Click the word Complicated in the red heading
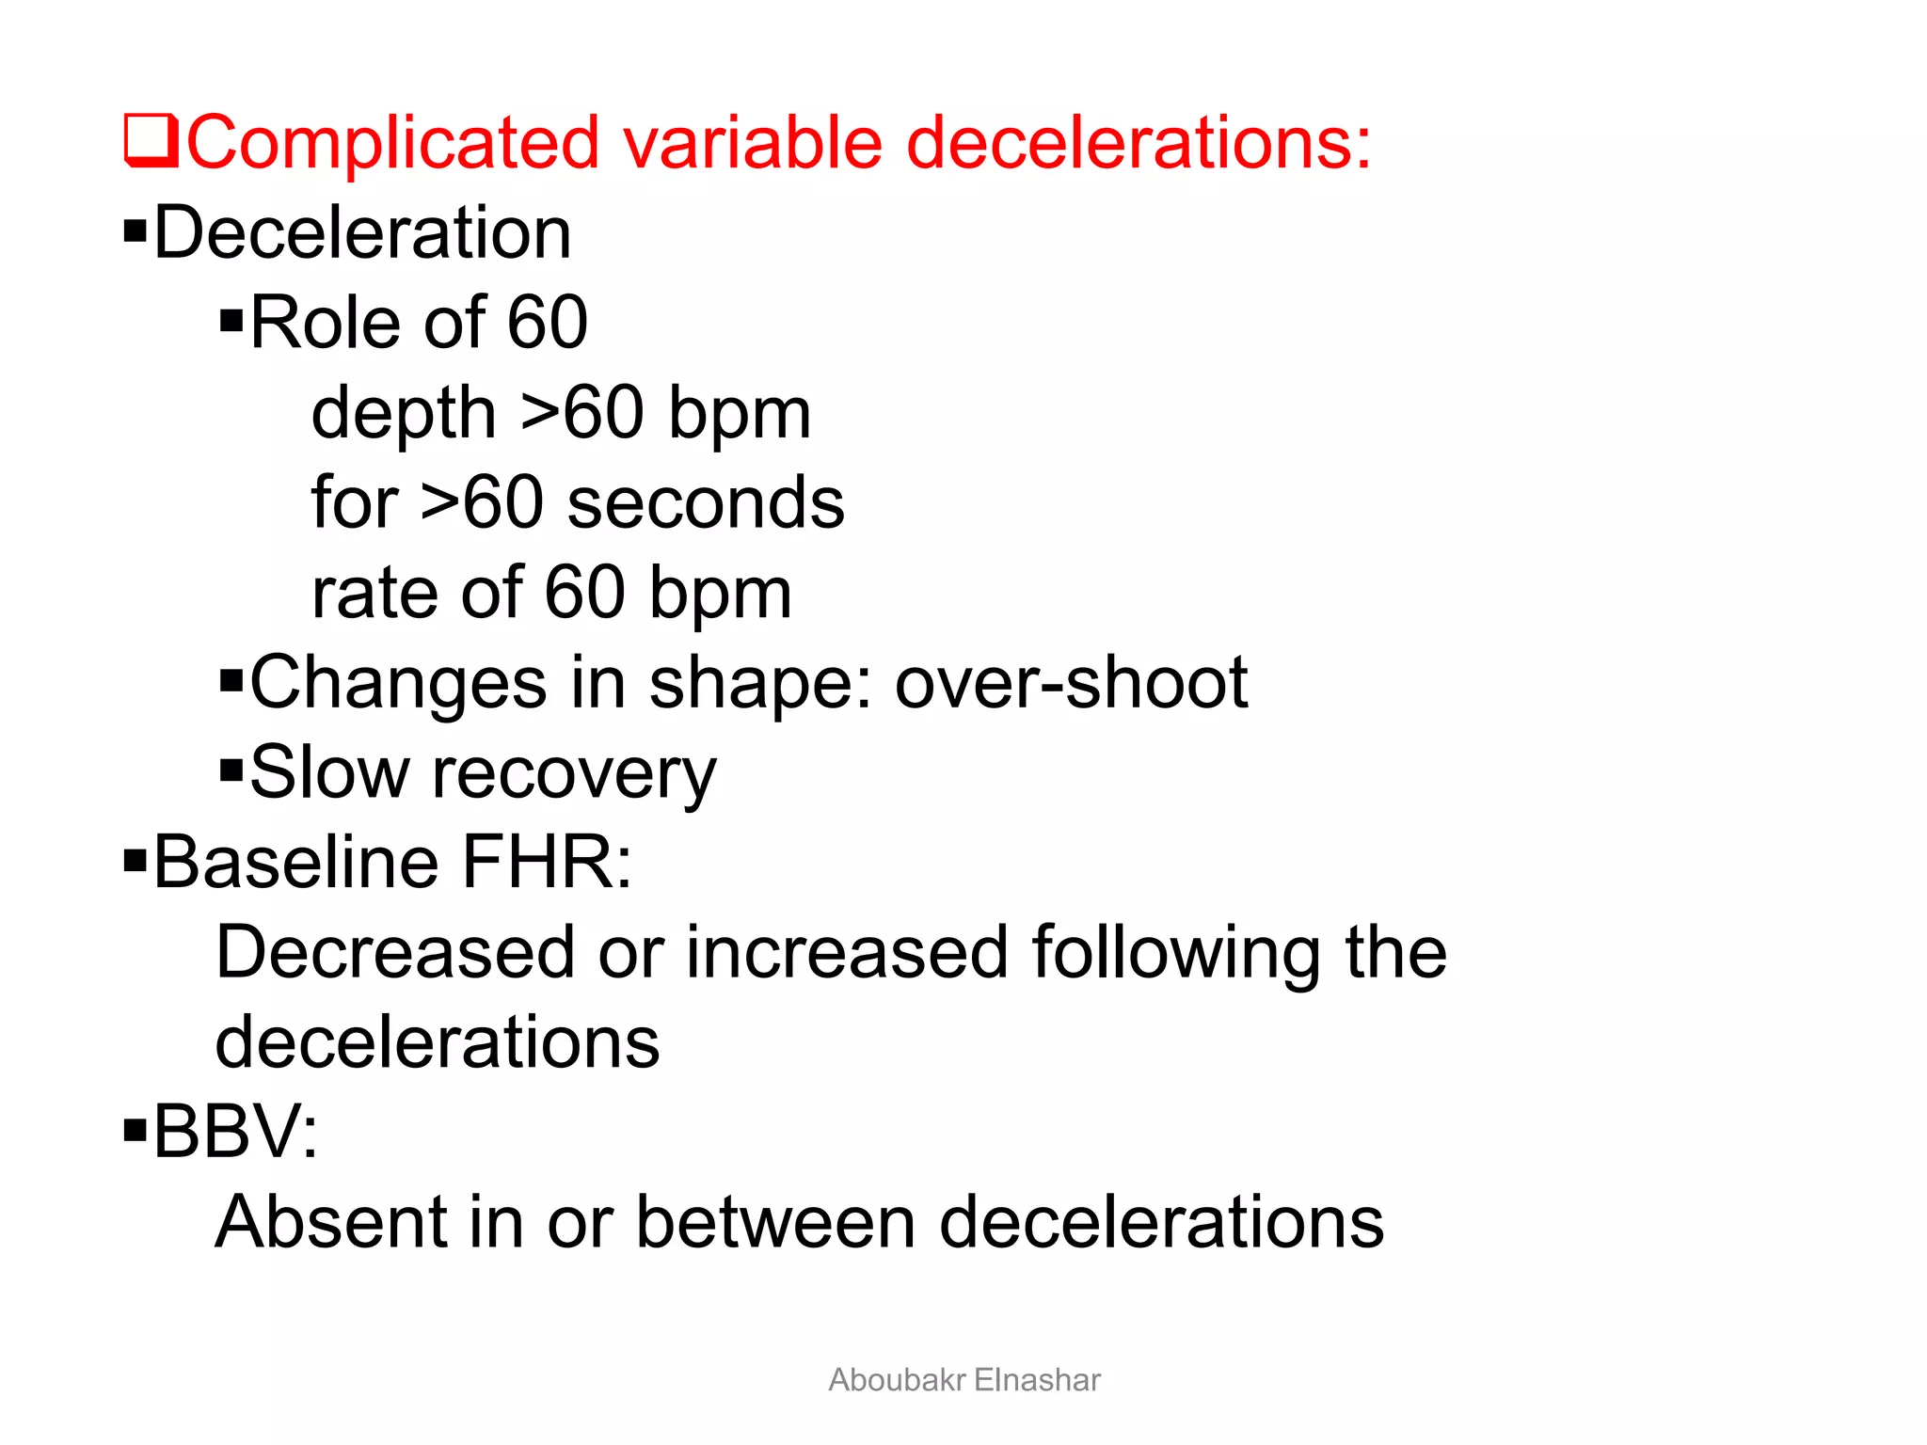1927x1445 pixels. pos(393,143)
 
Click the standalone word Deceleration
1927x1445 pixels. pos(362,232)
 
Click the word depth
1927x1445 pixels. pos(404,414)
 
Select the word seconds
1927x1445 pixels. pos(706,503)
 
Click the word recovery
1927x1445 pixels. pos(574,774)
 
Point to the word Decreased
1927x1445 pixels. pos(395,952)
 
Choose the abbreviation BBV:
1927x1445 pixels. pos(235,1132)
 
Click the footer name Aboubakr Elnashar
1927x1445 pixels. pos(963,1380)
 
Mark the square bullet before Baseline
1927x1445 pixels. pos(135,860)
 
